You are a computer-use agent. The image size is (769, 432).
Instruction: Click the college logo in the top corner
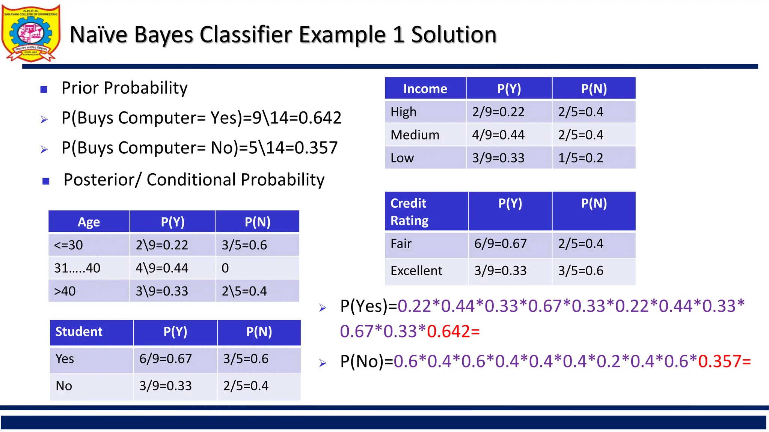[x=31, y=33]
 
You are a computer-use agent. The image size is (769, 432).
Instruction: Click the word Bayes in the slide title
[x=163, y=34]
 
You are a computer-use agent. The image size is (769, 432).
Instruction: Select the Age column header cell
[x=89, y=222]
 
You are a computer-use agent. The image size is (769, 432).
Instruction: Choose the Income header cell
[x=425, y=89]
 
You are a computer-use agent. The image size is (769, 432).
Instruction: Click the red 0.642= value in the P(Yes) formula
[x=453, y=331]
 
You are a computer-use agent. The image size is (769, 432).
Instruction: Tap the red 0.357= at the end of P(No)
[x=724, y=361]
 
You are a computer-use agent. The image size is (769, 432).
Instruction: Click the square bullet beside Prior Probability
[x=44, y=89]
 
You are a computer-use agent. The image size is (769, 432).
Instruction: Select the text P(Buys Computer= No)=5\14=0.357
[x=199, y=148]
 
